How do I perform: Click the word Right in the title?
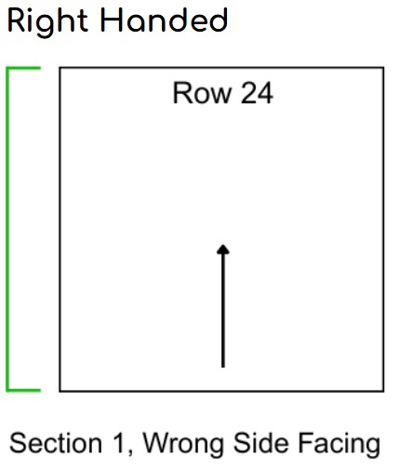pyautogui.click(x=47, y=22)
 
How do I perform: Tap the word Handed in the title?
pyautogui.click(x=165, y=20)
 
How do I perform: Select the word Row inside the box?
pyautogui.click(x=202, y=92)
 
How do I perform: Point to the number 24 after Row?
pyautogui.click(x=257, y=92)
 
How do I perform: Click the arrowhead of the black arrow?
pyautogui.click(x=223, y=249)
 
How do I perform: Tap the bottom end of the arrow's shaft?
pyautogui.click(x=223, y=367)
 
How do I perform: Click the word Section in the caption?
pyautogui.click(x=56, y=443)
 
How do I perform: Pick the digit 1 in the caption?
pyautogui.click(x=119, y=443)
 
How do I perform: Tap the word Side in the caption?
pyautogui.click(x=261, y=443)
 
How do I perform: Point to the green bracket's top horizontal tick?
pyautogui.click(x=24, y=68)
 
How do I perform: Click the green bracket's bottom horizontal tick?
pyautogui.click(x=24, y=390)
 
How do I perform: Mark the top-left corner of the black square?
pyautogui.click(x=60, y=68)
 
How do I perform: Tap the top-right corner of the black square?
pyautogui.click(x=383, y=68)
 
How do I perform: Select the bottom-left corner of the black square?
pyautogui.click(x=60, y=391)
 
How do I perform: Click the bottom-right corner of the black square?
pyautogui.click(x=383, y=391)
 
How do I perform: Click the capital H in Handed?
pyautogui.click(x=112, y=20)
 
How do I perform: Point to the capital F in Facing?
pyautogui.click(x=306, y=443)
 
